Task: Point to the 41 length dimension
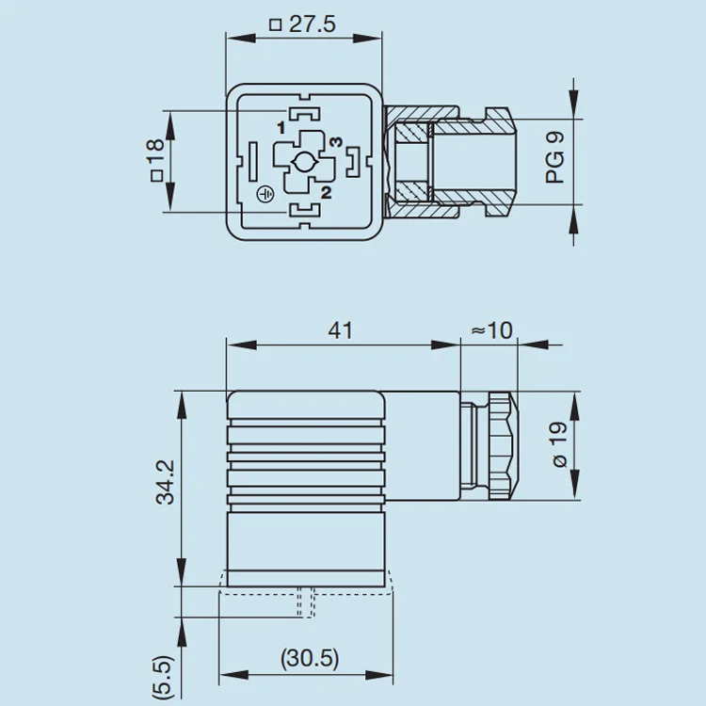point(340,330)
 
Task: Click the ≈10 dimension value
point(491,330)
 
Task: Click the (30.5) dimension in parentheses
point(310,658)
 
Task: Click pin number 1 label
point(280,126)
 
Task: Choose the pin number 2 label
point(326,194)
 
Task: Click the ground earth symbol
point(265,193)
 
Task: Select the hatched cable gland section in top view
point(412,162)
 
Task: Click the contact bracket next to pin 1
point(303,116)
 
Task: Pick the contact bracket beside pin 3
point(352,162)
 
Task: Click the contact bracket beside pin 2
point(303,209)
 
